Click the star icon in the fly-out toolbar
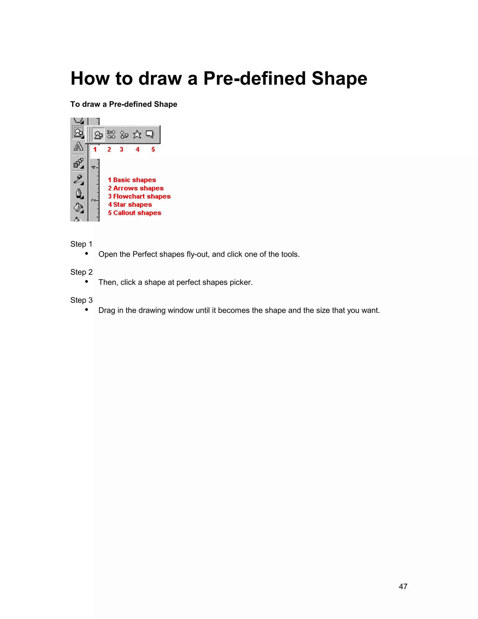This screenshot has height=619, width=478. tap(137, 134)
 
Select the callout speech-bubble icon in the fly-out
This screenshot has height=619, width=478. tap(150, 134)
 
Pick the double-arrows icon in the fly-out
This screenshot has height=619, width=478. tap(111, 134)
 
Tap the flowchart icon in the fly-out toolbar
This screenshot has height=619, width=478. tap(124, 134)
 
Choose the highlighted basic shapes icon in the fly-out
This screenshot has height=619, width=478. tap(98, 135)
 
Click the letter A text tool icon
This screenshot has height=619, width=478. tap(78, 146)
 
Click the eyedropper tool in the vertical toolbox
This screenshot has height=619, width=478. tap(78, 179)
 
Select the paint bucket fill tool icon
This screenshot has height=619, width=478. tap(78, 207)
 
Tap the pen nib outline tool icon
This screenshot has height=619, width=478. tap(79, 193)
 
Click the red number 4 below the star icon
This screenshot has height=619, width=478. tap(137, 149)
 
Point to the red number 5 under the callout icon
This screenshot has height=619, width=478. tap(153, 149)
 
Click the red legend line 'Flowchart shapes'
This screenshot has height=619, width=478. tap(139, 196)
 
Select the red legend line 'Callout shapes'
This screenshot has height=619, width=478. tap(134, 213)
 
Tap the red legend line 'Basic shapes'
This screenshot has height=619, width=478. tap(132, 180)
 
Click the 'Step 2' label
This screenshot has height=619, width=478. tap(81, 272)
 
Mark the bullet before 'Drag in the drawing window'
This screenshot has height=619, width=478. tap(87, 310)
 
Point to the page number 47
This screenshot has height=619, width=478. tap(403, 586)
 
